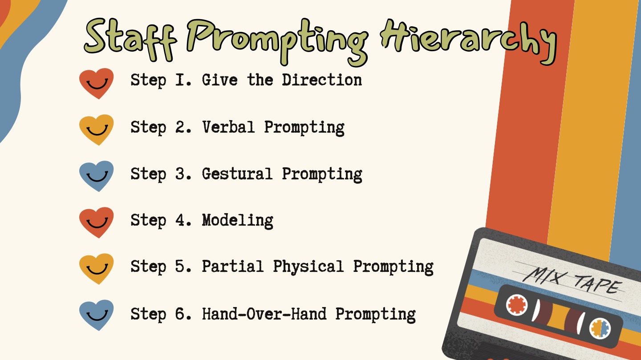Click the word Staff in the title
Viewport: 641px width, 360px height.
[130, 39]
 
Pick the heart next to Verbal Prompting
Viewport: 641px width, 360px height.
[97, 130]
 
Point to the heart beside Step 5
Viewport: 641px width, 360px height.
[97, 269]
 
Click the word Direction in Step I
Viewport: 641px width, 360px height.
[322, 80]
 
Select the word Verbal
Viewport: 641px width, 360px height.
[228, 127]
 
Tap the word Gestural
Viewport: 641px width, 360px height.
[237, 174]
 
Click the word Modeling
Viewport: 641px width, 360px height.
[238, 221]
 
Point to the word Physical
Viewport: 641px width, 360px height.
[308, 267]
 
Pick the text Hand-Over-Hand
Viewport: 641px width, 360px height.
[264, 314]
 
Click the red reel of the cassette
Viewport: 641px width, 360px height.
[517, 305]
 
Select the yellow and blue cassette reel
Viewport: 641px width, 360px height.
[600, 328]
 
